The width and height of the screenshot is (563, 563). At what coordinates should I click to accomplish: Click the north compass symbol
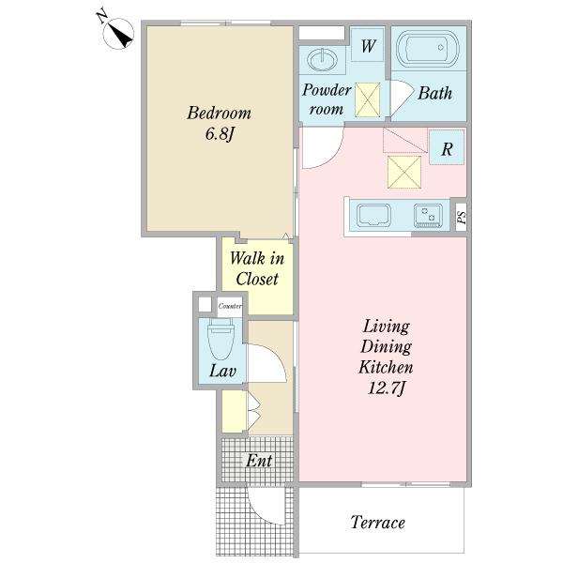[118, 33]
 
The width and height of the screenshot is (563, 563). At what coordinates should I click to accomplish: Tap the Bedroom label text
[219, 113]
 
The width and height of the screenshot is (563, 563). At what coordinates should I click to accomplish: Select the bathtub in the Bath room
[428, 48]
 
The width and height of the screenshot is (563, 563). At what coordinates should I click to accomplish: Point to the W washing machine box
[367, 44]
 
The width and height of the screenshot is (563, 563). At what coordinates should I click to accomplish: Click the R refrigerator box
[447, 147]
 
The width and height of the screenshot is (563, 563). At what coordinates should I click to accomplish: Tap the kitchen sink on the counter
[373, 215]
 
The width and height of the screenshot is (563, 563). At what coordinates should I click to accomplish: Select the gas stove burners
[428, 216]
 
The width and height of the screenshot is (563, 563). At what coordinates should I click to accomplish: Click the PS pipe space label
[462, 218]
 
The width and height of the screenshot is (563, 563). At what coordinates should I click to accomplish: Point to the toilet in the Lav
[221, 339]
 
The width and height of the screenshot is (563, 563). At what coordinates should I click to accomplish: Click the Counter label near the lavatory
[230, 306]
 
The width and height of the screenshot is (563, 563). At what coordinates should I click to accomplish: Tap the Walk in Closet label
[257, 268]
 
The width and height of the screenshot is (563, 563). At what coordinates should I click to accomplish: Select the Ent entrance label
[259, 461]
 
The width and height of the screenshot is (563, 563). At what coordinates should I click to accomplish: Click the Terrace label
[378, 523]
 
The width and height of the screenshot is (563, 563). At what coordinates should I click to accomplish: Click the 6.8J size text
[220, 134]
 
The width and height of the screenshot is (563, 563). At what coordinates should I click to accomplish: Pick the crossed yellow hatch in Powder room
[367, 99]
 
